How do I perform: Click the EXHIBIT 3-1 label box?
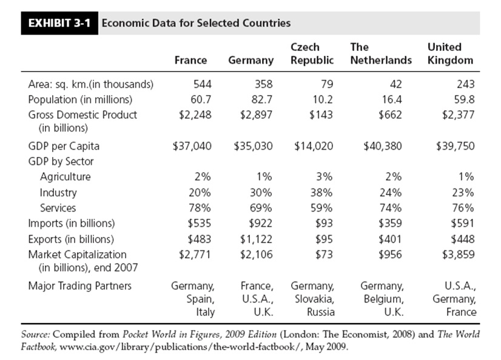(x=59, y=24)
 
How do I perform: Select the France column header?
(x=190, y=60)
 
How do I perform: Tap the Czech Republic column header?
(x=312, y=53)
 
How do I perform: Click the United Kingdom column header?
(x=450, y=53)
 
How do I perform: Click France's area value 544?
(x=202, y=84)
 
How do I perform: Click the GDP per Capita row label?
(x=64, y=146)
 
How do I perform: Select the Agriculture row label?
(x=65, y=177)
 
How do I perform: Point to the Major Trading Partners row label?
(x=79, y=285)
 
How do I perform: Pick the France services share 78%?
(x=201, y=208)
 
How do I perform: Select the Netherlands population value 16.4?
(x=391, y=99)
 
